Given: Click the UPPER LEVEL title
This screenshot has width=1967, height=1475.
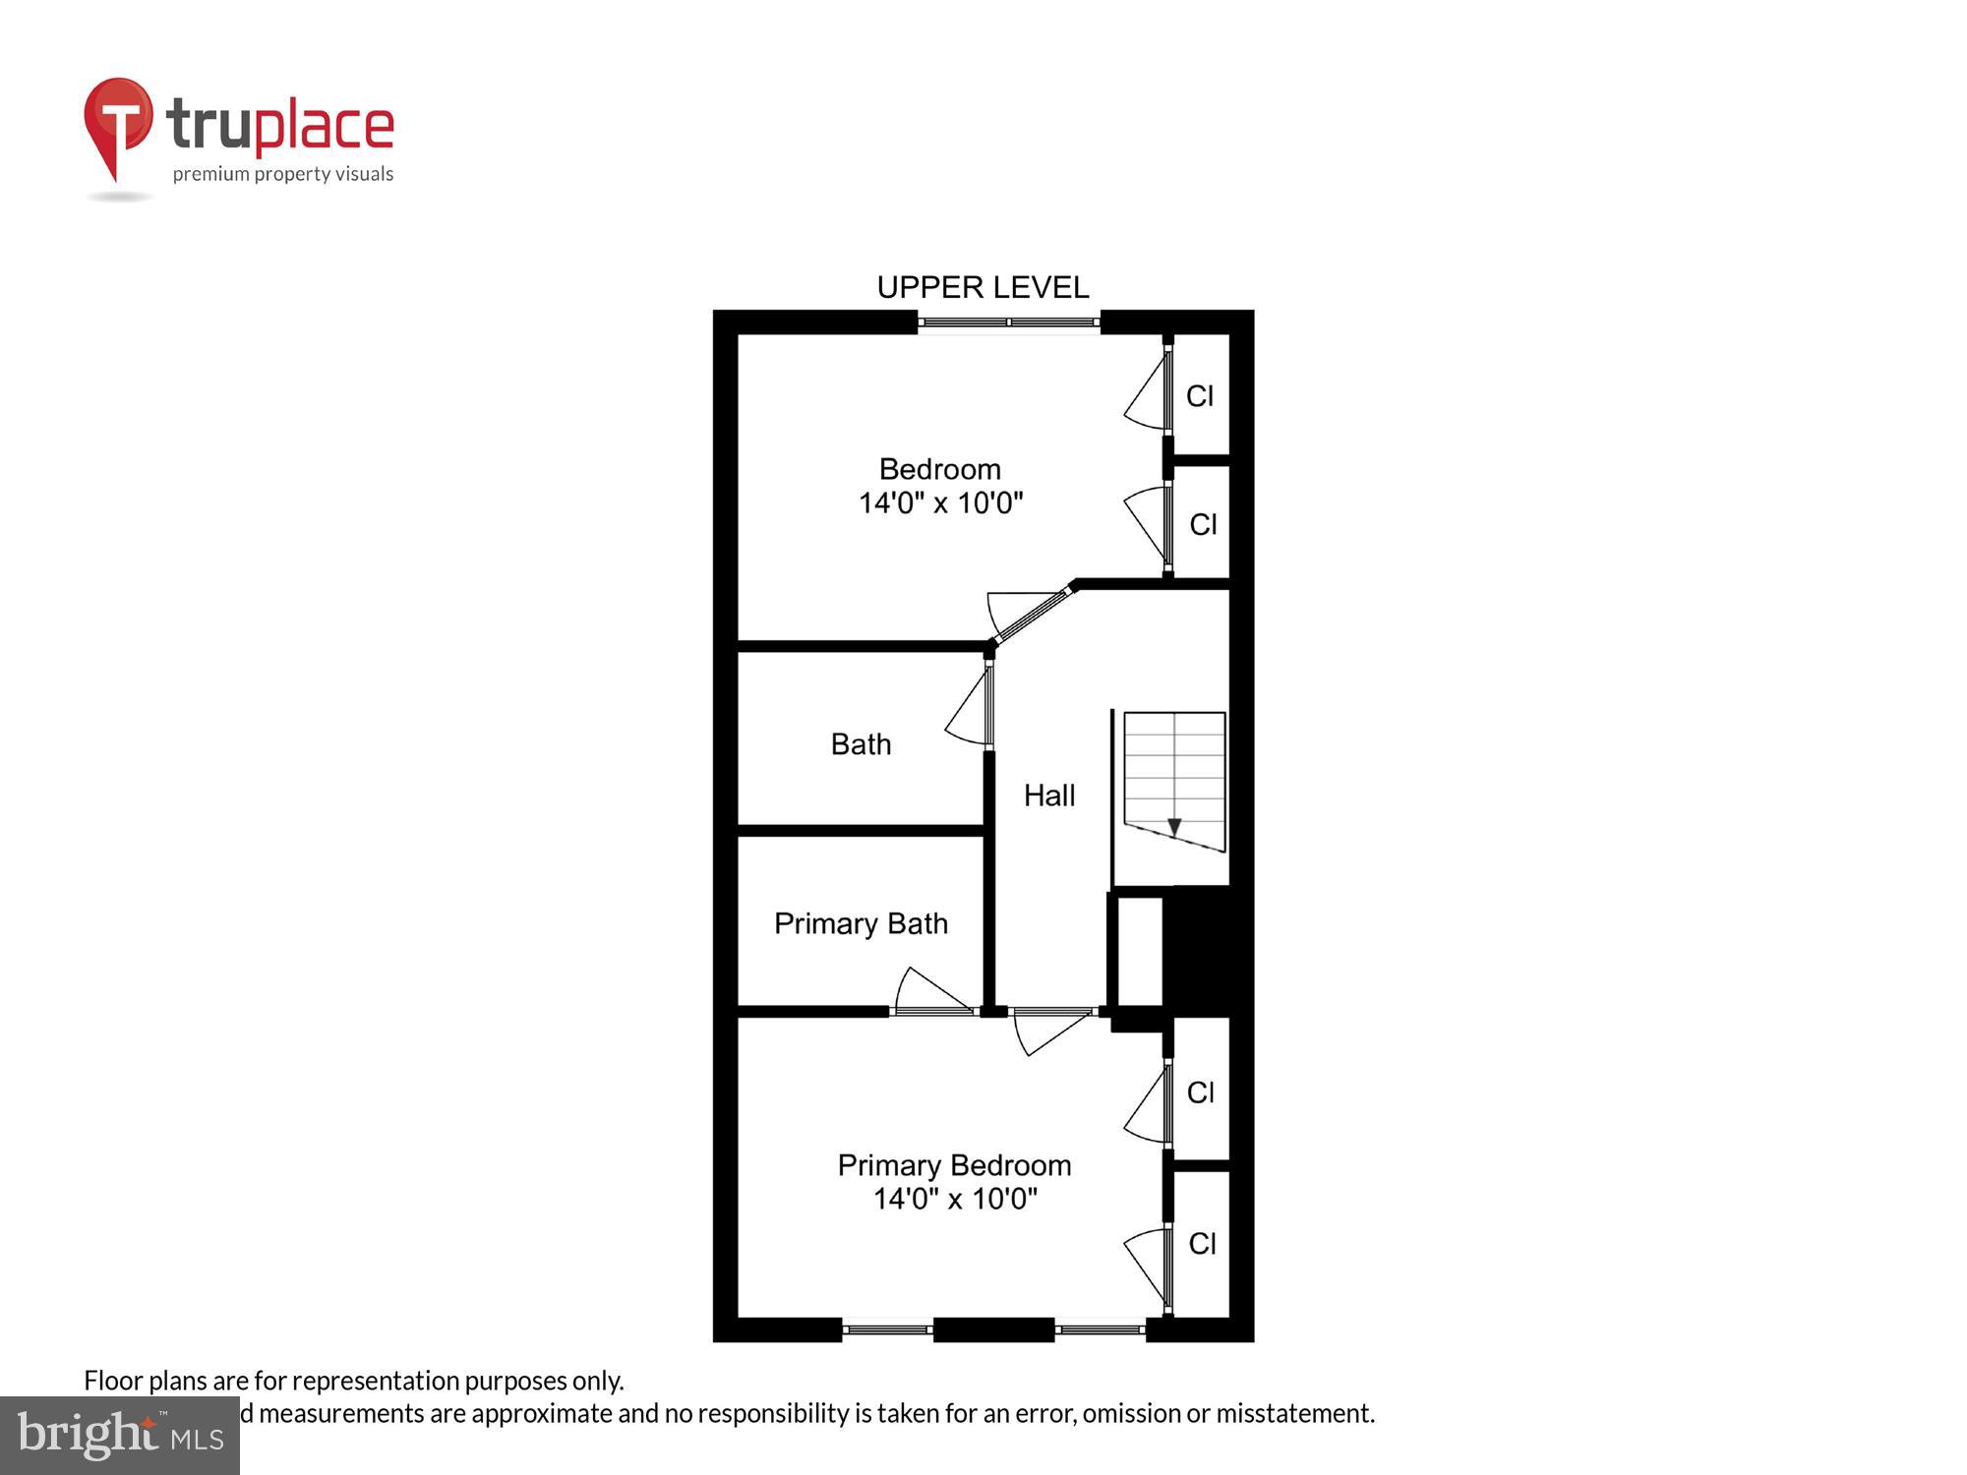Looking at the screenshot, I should [x=983, y=287].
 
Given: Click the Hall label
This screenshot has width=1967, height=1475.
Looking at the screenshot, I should [x=1048, y=796].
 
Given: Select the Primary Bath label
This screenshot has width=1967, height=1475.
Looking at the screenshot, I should [x=861, y=923].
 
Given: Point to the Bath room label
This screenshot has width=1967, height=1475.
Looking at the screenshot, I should [x=861, y=744].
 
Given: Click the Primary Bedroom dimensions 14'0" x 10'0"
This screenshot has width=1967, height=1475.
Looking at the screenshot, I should [x=955, y=1199].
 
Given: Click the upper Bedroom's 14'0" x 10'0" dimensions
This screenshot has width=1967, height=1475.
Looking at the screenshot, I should [x=940, y=503].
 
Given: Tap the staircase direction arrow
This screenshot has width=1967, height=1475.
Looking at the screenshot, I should [x=1173, y=827].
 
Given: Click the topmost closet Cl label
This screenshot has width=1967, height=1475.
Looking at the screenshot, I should [x=1199, y=396].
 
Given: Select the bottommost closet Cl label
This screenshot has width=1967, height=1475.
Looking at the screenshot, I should [x=1202, y=1244].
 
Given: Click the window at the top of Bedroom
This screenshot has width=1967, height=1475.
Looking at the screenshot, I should [x=1008, y=322].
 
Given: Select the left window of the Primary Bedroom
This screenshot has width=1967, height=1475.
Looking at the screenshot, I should [x=887, y=1330].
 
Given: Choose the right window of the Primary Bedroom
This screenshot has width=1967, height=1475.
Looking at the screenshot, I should [x=1100, y=1330].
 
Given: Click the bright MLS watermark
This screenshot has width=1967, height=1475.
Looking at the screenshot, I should [x=120, y=1436].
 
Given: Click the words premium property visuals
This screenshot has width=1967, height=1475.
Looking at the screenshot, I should [x=283, y=175].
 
